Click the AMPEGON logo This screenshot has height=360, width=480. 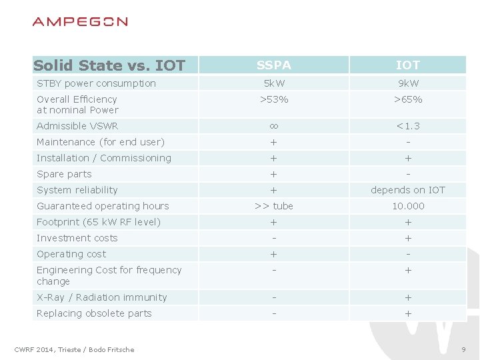click(80, 22)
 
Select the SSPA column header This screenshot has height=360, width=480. click(274, 65)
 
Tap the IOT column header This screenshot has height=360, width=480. click(408, 65)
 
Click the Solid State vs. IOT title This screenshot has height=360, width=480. click(109, 65)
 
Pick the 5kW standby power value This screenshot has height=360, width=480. click(274, 83)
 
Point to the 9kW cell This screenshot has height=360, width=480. click(408, 83)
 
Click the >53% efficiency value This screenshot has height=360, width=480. click(274, 99)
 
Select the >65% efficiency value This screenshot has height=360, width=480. click(408, 99)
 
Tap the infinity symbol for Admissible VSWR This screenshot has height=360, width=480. click(274, 126)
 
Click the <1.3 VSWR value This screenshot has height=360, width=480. click(408, 126)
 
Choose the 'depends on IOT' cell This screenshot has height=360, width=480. click(408, 190)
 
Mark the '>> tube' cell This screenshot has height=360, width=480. click(274, 206)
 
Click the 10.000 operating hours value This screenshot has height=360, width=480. click(408, 206)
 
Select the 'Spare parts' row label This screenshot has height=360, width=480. click(64, 174)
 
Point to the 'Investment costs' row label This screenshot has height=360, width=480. click(77, 238)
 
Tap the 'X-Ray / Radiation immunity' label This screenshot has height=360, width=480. click(102, 297)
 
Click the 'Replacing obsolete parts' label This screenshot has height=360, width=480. click(94, 313)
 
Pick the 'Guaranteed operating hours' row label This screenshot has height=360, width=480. click(103, 206)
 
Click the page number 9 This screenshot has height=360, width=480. click(463, 350)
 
